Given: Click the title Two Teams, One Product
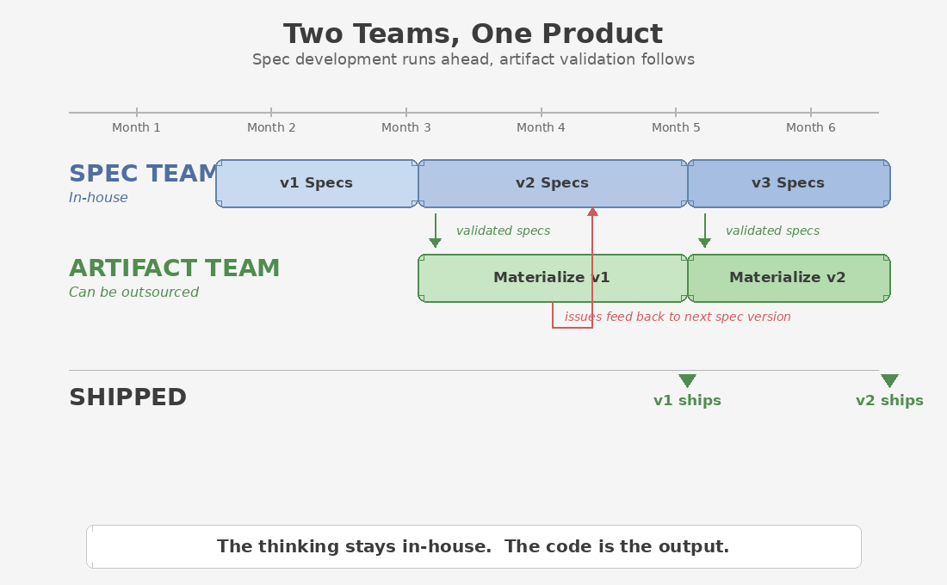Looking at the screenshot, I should point(473,34).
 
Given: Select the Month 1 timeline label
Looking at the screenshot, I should point(136,127).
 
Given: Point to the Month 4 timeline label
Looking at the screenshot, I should point(541,127).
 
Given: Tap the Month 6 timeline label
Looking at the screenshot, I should point(810,127).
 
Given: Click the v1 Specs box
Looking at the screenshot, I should point(316,183).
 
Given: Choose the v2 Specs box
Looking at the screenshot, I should point(552,183).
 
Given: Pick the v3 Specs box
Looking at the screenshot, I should point(788,183).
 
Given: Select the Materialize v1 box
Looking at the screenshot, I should point(551,278).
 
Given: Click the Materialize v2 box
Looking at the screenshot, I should point(788,278).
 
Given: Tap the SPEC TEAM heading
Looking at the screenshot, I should point(143,174).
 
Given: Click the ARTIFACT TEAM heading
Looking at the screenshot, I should point(174,268).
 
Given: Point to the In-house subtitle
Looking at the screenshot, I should point(98,198).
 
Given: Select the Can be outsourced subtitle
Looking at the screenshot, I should point(133,292).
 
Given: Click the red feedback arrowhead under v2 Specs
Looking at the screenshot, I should point(592,212).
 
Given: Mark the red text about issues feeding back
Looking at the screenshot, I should point(677,317).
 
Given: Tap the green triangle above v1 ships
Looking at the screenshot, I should point(687,380).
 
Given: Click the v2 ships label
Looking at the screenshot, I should point(889,401).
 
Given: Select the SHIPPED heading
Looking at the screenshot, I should point(127,397).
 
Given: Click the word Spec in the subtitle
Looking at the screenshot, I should point(269,59).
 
